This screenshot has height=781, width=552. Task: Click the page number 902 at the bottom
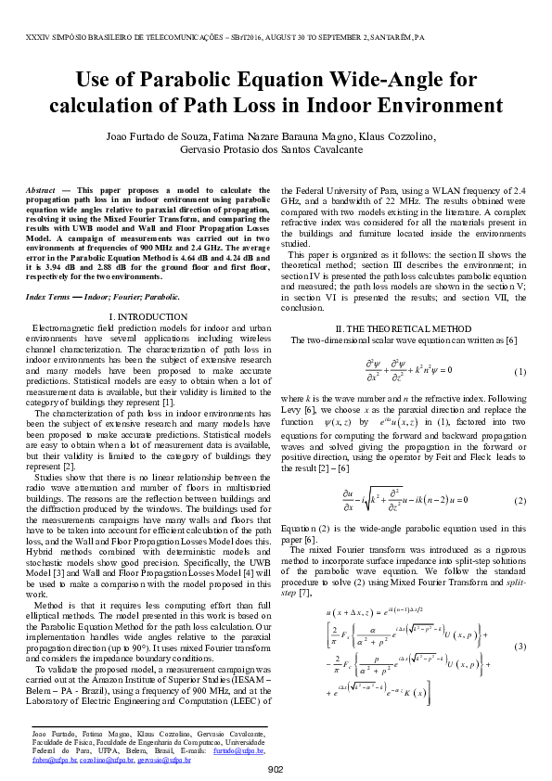coord(276,769)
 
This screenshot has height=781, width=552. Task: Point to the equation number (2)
coord(520,500)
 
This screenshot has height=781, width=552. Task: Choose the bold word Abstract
coord(41,190)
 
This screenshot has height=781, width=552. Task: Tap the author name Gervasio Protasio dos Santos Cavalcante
coord(276,149)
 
